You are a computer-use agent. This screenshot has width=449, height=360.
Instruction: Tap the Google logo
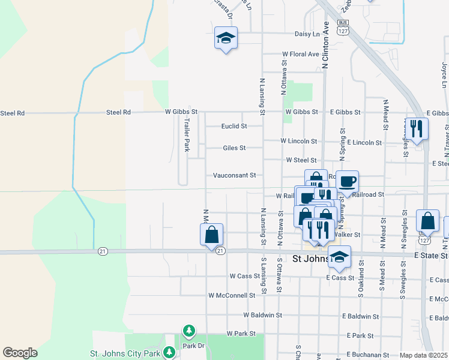(20, 353)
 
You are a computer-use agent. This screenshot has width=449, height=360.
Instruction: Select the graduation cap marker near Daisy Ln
(226, 38)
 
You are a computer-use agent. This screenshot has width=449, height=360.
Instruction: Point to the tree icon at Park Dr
(189, 331)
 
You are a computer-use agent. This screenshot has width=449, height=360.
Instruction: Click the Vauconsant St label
(235, 175)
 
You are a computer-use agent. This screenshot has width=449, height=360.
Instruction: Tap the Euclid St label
(234, 127)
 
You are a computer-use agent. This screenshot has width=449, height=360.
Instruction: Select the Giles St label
(234, 148)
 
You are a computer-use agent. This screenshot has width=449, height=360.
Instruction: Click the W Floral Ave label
(301, 54)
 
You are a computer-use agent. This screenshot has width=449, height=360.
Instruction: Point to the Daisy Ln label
(307, 35)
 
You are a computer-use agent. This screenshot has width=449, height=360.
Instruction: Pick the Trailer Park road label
(187, 134)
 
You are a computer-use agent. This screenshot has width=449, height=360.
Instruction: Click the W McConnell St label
(232, 295)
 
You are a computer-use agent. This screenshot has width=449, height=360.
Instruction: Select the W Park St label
(241, 333)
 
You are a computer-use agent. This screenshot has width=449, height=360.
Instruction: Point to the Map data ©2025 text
(424, 355)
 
